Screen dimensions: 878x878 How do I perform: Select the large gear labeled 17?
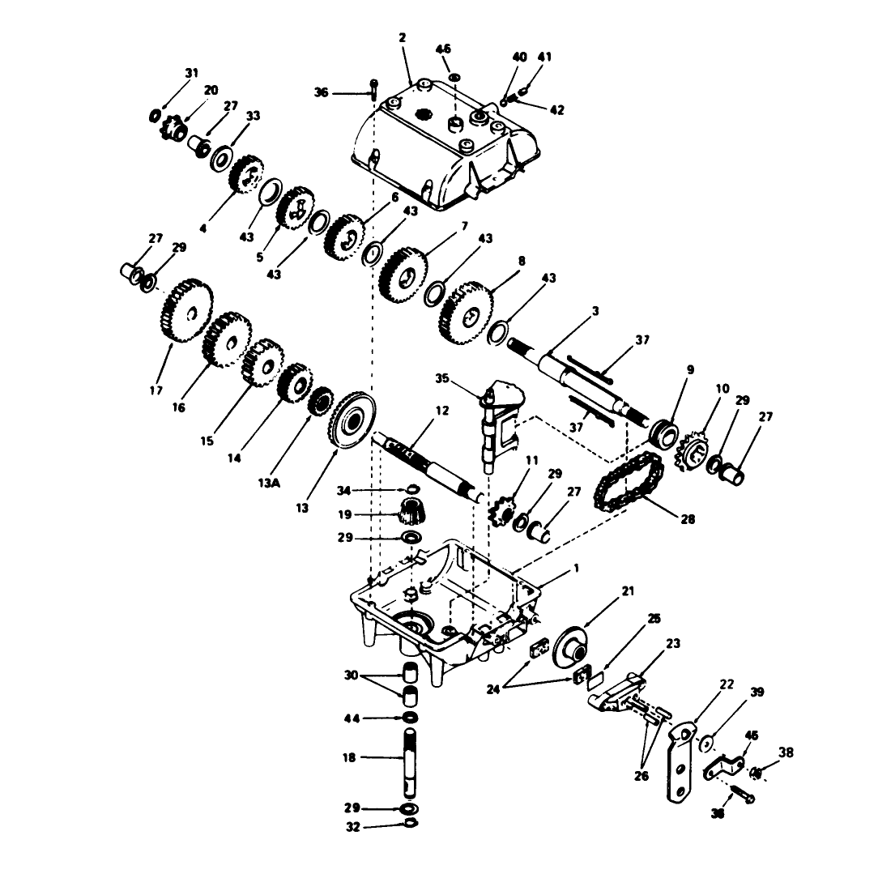[x=187, y=311]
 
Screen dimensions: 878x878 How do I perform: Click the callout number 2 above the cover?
[x=402, y=38]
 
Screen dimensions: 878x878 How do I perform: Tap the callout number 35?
[x=441, y=378]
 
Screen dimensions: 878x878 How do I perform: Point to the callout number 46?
[x=443, y=49]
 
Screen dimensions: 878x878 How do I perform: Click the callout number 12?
[x=441, y=411]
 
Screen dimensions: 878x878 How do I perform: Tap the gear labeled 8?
[x=467, y=313]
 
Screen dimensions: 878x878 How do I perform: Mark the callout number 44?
[x=352, y=718]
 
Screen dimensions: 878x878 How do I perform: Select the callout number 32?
[x=353, y=826]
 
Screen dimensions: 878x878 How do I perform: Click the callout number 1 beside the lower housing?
[x=577, y=569]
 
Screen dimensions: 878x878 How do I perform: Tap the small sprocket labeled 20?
[x=174, y=129]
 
